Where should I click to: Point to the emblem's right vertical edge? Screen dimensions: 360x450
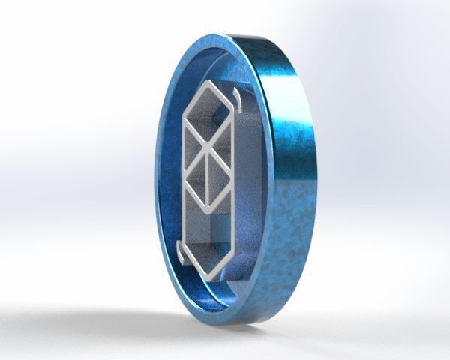tap(234, 180)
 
